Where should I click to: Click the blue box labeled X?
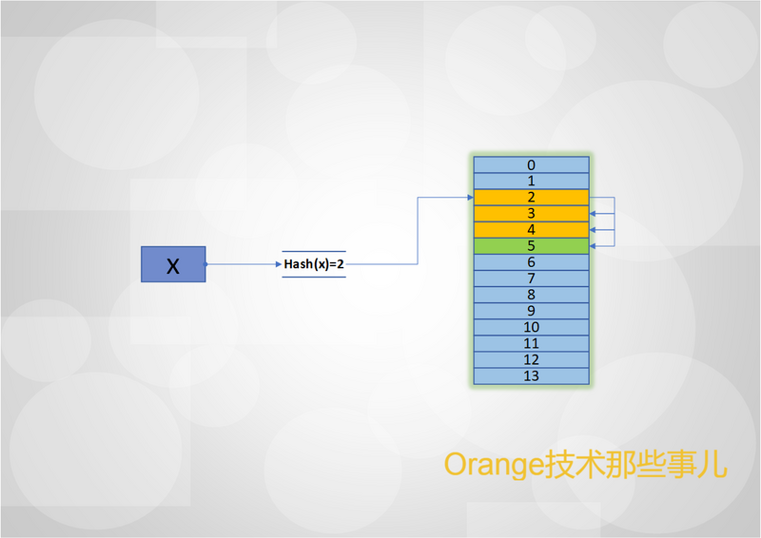(x=173, y=264)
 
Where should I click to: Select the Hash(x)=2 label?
(x=314, y=264)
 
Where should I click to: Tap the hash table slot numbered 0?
(x=532, y=165)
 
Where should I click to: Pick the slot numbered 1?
(x=532, y=181)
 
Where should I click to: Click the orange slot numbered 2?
(x=532, y=198)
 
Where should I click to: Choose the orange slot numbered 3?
(x=532, y=214)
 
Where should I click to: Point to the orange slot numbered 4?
(x=532, y=230)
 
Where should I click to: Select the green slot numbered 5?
(x=532, y=246)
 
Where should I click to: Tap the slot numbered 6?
(x=532, y=262)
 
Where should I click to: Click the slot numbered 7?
(x=532, y=279)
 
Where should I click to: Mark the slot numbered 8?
(x=532, y=295)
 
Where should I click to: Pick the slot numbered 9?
(x=532, y=311)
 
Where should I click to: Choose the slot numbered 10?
(x=532, y=327)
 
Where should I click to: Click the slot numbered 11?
(x=532, y=343)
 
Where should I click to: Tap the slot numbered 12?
(x=532, y=360)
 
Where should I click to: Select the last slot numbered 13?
(x=532, y=376)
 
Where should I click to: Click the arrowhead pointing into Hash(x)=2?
(x=279, y=264)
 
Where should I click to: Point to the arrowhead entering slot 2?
(x=470, y=198)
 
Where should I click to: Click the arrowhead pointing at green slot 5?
(x=593, y=246)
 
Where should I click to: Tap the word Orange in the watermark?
(x=494, y=465)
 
